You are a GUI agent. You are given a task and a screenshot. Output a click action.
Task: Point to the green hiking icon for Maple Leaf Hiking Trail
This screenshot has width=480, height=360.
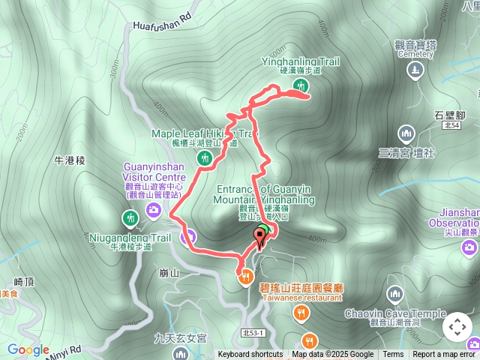[x=204, y=157]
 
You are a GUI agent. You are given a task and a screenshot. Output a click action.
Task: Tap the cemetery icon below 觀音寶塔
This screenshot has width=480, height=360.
[x=415, y=70]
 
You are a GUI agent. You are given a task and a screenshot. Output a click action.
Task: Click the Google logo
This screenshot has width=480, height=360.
[x=28, y=349]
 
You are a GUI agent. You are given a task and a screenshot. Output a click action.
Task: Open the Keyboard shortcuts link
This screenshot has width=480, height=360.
[x=250, y=355]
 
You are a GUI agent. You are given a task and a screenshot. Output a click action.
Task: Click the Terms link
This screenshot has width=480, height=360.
[x=393, y=355]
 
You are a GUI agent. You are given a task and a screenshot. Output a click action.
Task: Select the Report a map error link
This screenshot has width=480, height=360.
[x=444, y=355]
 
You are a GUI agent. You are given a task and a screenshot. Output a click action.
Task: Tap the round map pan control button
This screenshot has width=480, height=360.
[x=457, y=327]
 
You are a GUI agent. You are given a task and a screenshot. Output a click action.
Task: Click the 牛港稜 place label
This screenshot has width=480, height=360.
[x=71, y=161]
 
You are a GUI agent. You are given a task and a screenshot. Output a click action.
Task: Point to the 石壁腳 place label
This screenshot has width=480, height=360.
[x=450, y=115]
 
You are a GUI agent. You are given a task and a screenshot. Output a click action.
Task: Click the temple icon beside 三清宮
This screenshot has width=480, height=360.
[x=406, y=133]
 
